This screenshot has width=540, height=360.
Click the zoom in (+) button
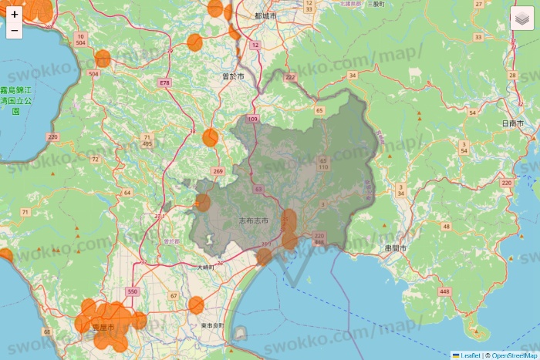click(x=15, y=14)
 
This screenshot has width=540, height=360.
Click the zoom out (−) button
click(x=15, y=31)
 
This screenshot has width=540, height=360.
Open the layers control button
click(x=521, y=18)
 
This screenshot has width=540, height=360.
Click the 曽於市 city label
click(x=232, y=77)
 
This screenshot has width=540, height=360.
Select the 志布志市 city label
click(x=254, y=221)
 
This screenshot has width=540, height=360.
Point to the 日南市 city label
click(x=512, y=123)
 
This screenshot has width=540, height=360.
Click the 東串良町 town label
click(x=211, y=326)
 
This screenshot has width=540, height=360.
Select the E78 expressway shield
click(x=164, y=82)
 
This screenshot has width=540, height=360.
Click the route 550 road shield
click(x=133, y=292)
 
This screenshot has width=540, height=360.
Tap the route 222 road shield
click(x=290, y=77)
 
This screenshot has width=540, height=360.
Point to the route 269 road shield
click(x=218, y=171)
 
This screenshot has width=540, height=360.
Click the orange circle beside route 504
click(x=103, y=59)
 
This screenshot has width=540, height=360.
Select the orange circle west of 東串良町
click(x=196, y=305)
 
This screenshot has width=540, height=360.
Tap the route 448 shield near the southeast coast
click(x=444, y=291)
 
